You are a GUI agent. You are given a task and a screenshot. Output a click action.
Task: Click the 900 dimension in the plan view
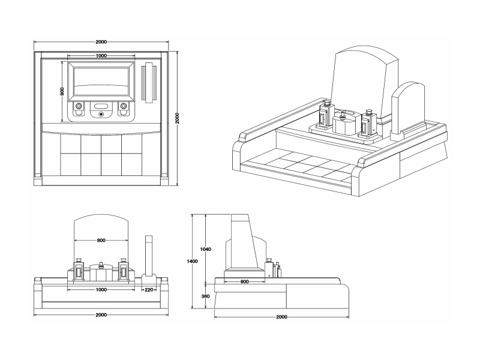click(62, 91)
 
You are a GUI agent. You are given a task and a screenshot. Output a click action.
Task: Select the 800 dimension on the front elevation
click(101, 241)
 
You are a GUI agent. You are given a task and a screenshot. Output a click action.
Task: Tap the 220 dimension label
click(149, 289)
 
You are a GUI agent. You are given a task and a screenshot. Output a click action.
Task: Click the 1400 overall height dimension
click(192, 261)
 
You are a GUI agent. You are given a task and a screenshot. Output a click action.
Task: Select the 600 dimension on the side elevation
click(244, 281)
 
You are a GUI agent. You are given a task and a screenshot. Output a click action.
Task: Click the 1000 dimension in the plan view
click(101, 55)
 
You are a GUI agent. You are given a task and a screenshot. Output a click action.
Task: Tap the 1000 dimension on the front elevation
click(101, 289)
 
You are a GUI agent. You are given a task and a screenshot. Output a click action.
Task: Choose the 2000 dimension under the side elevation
click(281, 316)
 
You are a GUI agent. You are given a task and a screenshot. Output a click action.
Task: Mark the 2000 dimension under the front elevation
click(101, 315)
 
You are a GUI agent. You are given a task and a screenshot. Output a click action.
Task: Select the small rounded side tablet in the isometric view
click(408, 108)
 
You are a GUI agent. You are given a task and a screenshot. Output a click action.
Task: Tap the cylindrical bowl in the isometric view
click(344, 124)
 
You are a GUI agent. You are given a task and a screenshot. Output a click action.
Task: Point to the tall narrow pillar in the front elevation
click(149, 255)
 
